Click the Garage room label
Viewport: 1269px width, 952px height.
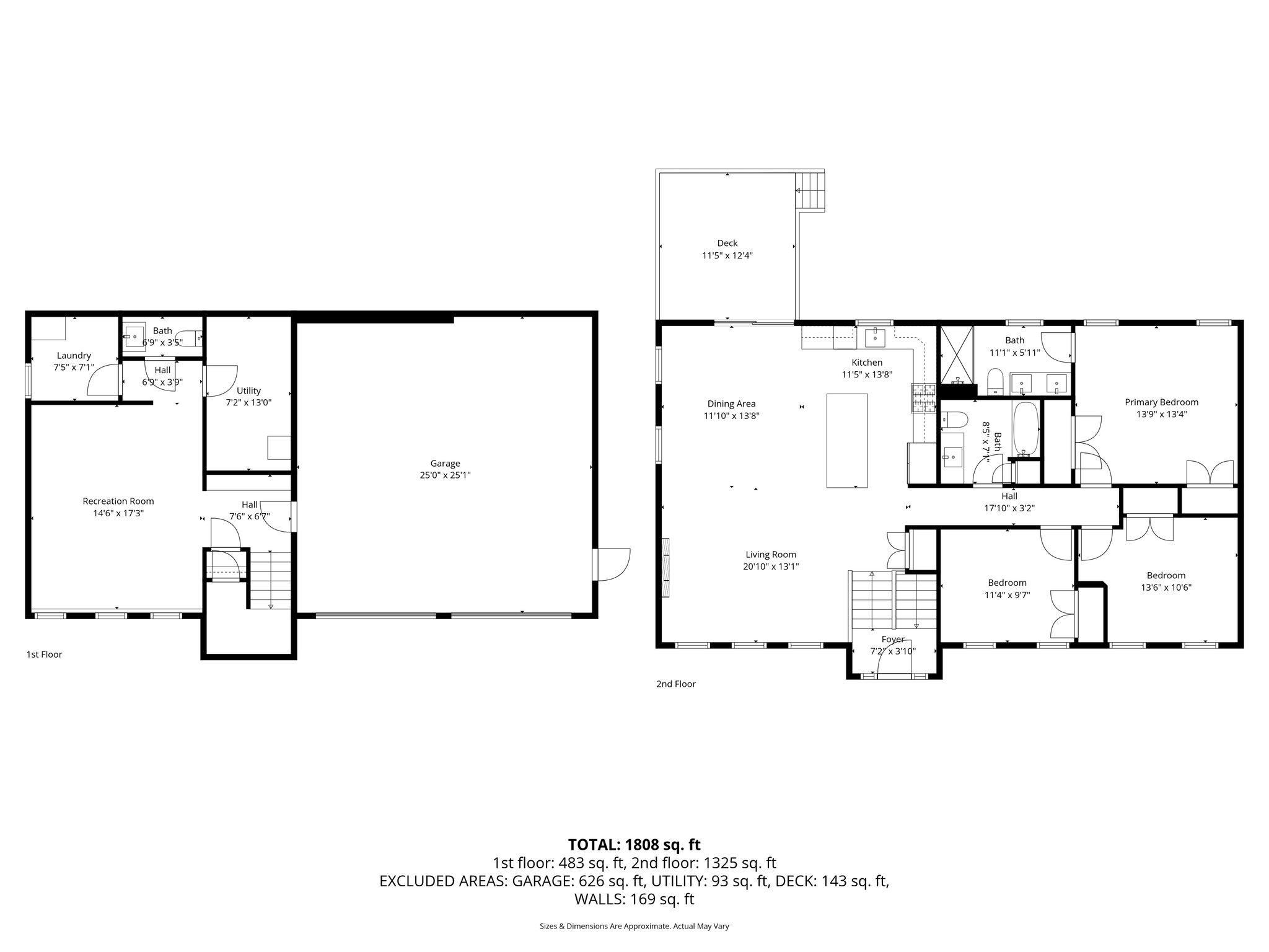tap(445, 463)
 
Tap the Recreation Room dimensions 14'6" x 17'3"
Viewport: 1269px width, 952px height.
tap(118, 513)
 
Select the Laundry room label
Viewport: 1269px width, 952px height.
tap(74, 356)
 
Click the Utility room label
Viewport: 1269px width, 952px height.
tap(248, 390)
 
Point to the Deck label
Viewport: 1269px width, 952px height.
tap(727, 243)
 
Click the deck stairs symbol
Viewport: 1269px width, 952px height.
tap(811, 192)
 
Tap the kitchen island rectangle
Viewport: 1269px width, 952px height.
tap(846, 441)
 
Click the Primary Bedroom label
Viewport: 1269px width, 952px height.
tap(1161, 402)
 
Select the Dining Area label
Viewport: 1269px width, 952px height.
tap(731, 404)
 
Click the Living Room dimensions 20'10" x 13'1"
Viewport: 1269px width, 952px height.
tap(771, 566)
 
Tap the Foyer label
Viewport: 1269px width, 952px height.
tap(893, 639)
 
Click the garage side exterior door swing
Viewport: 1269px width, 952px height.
tap(612, 565)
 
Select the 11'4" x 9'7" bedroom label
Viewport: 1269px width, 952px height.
tap(1007, 595)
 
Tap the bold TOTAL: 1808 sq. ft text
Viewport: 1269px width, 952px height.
tap(634, 844)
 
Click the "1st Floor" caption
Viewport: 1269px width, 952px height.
tap(44, 654)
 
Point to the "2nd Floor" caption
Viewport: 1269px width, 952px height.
tap(675, 684)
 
